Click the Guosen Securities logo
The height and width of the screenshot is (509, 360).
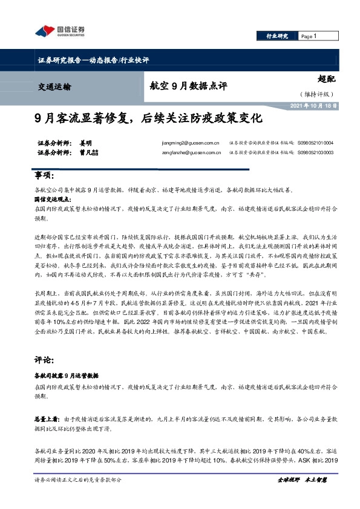(60, 31)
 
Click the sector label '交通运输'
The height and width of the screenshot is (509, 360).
(50, 86)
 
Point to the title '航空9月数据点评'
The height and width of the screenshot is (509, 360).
(188, 86)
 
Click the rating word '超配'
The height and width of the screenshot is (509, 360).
(326, 79)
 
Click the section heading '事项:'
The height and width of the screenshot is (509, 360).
(45, 175)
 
